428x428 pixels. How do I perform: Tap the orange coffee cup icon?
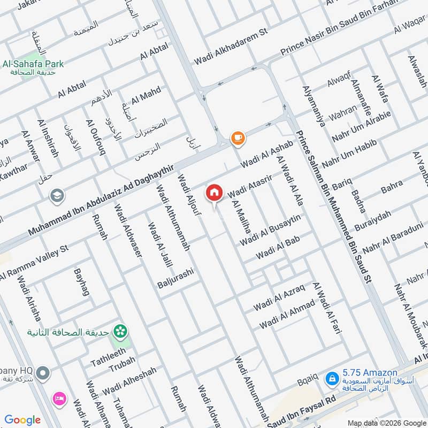coord(238,139)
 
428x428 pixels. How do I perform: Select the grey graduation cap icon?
coord(56,196)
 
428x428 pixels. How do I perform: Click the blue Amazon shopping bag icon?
coord(332,379)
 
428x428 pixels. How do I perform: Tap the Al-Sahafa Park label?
coord(33,64)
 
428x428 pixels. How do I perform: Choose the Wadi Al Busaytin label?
coord(271,230)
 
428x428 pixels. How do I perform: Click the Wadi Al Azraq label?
coord(279,297)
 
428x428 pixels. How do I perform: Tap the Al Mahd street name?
coord(146,95)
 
